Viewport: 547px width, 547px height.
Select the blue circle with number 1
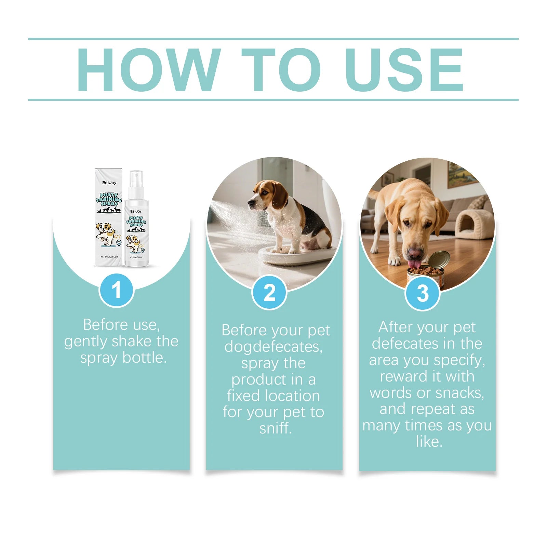pos(116,290)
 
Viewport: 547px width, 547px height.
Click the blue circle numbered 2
pos(269,293)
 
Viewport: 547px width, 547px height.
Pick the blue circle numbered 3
pos(423,293)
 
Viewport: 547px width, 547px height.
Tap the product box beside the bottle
pos(108,217)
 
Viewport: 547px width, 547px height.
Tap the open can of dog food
pos(427,270)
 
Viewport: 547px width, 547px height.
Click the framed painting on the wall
pos(462,175)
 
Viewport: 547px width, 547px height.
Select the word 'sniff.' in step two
pos(276,428)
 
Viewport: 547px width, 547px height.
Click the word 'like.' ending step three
pos(429,442)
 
